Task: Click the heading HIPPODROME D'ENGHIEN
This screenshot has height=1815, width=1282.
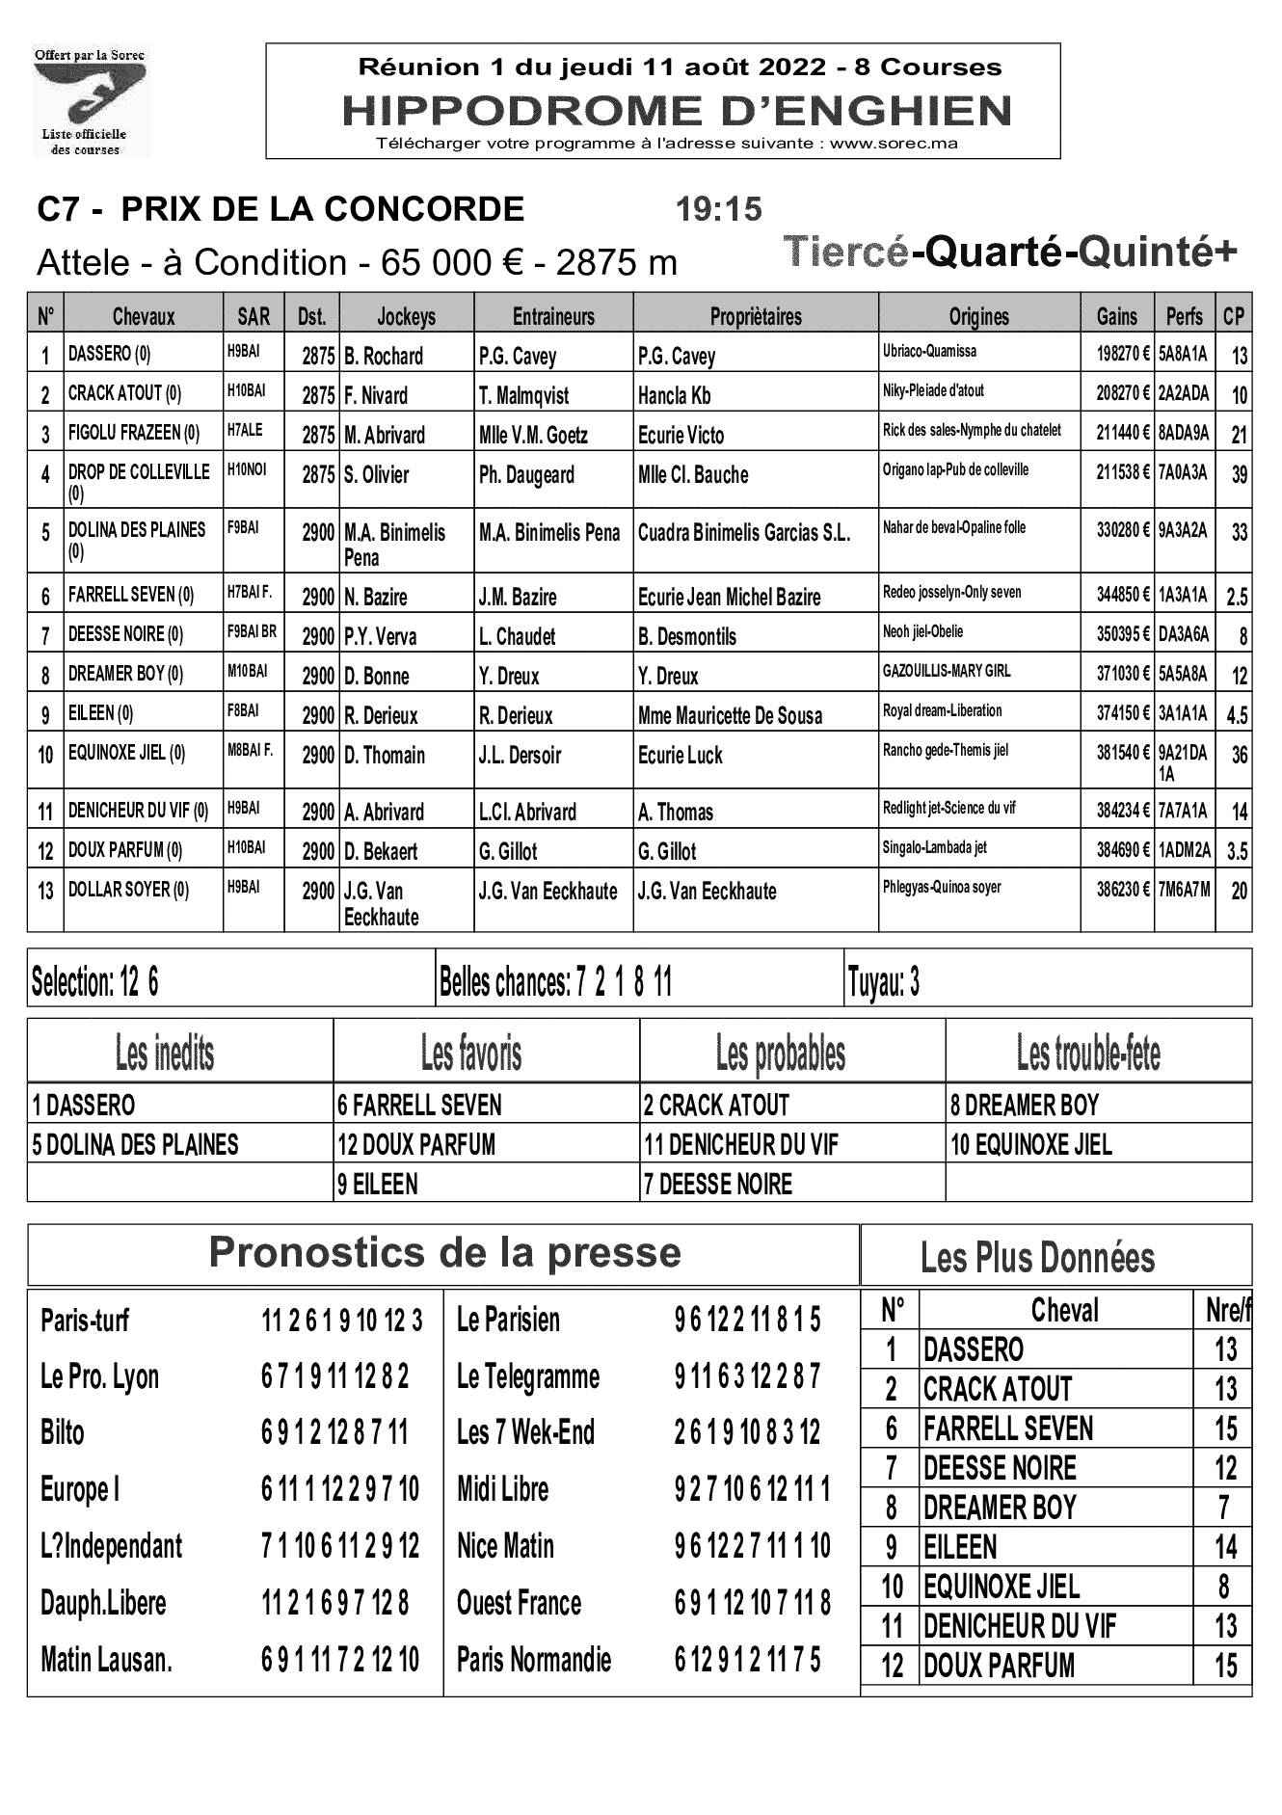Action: pos(677,111)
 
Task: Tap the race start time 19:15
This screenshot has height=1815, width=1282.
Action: pos(718,209)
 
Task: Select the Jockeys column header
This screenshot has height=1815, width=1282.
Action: pos(406,316)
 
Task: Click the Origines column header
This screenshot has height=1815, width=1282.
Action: pos(978,316)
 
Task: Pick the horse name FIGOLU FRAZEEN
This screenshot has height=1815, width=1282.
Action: pos(133,433)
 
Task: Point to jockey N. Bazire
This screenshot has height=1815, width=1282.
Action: pos(376,597)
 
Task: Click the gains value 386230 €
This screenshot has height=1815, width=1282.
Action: pos(1122,889)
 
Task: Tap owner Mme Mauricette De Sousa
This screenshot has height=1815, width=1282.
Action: pos(730,715)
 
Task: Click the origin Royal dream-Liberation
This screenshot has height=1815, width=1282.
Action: pos(942,710)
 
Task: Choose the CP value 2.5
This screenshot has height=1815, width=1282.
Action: pos(1237,597)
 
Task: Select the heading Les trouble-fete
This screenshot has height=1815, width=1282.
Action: pos(1088,1054)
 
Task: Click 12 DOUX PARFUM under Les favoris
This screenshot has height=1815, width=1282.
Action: pos(416,1144)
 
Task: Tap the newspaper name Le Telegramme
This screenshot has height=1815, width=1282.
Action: pos(527,1376)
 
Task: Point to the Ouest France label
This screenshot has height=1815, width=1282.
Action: pos(519,1603)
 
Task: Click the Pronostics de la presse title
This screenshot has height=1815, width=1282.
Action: pos(444,1253)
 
